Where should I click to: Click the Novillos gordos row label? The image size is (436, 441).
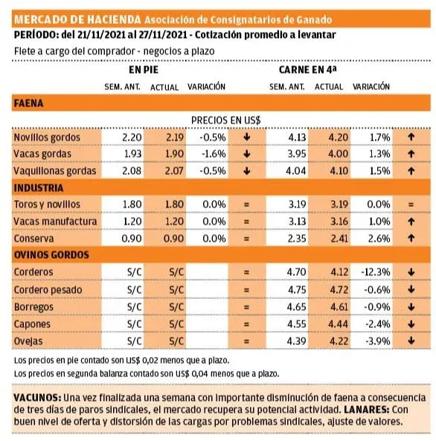pos(47,138)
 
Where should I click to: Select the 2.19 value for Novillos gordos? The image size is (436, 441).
pos(175,138)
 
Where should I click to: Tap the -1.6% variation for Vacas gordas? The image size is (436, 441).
pos(214,154)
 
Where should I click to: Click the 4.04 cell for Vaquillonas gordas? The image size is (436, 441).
pos(296,171)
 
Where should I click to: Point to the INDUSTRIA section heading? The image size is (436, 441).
pos(39,188)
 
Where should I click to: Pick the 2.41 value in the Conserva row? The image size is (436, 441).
pos(339,239)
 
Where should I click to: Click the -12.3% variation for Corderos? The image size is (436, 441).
pos(376,272)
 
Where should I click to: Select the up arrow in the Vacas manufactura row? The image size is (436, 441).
pos(411,222)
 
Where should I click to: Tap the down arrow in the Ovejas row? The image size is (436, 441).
pos(411,341)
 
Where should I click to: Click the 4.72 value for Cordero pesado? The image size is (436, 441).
pos(339,290)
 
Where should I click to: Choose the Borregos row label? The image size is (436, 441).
pos(33,307)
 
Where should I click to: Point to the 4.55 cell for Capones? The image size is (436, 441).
pos(297,324)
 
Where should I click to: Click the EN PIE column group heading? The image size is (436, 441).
pos(144,70)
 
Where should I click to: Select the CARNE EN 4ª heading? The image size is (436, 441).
pos(307,69)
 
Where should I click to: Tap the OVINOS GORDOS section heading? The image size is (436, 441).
pos(51,255)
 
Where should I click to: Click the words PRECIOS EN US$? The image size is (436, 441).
pos(226,120)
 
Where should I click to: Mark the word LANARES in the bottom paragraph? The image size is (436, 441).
pos(366,410)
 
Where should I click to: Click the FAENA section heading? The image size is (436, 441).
pos(29,103)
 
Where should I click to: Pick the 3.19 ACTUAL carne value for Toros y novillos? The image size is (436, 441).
pos(339,205)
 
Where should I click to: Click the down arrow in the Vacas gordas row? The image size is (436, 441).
pos(247,154)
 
